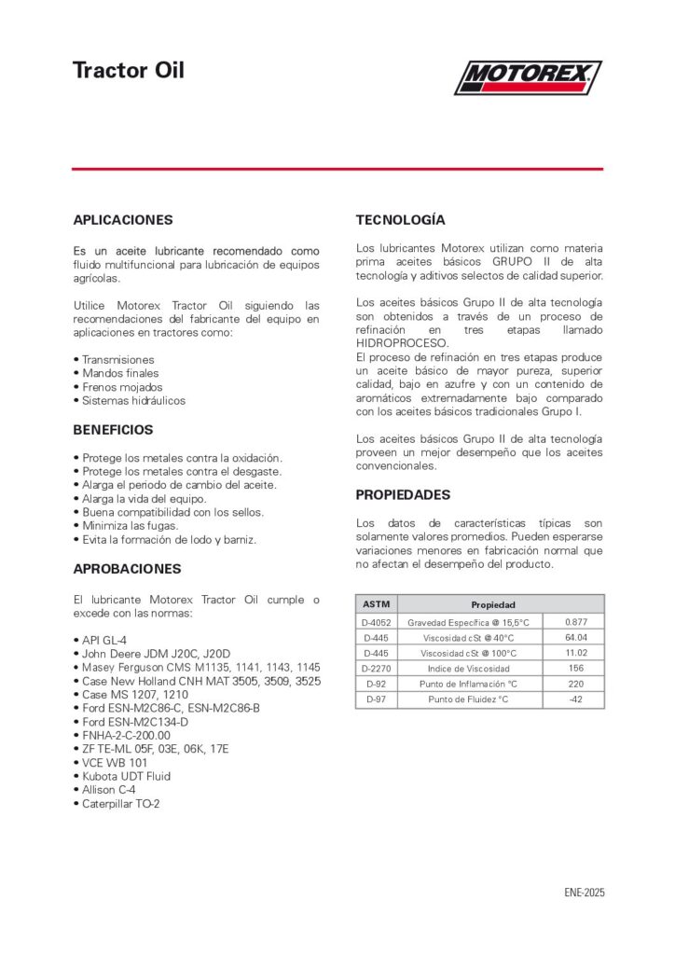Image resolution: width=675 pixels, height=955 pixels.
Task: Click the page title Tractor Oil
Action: coord(129,71)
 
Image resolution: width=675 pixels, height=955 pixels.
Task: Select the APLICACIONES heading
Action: coord(123,220)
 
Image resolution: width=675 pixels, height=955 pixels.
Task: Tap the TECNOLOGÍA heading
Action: coord(401,220)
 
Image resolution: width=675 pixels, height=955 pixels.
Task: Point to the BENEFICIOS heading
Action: coord(113,430)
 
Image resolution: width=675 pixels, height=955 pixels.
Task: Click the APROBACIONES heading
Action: coord(127,568)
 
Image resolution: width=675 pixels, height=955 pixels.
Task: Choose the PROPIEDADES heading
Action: coord(403,494)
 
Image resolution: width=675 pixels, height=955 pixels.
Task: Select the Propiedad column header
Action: coord(493,604)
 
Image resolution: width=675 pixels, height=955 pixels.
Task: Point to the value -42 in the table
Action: coord(575,699)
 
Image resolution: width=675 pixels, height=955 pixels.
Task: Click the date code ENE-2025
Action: coord(585,893)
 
